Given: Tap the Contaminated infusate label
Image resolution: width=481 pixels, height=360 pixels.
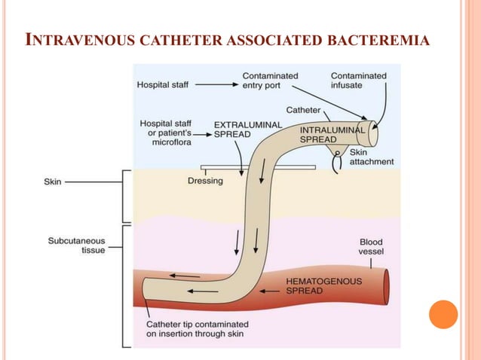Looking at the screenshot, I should tap(358, 81).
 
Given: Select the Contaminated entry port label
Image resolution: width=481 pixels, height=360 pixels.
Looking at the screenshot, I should tap(270, 81).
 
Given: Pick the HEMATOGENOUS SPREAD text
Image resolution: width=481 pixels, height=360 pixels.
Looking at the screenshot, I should tap(324, 286).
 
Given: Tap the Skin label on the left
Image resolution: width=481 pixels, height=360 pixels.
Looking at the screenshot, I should tap(54, 182).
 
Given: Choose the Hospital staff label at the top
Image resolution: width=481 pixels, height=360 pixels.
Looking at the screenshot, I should tap(163, 85).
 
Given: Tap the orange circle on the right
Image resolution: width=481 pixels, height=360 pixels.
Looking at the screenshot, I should tap(443, 314).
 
